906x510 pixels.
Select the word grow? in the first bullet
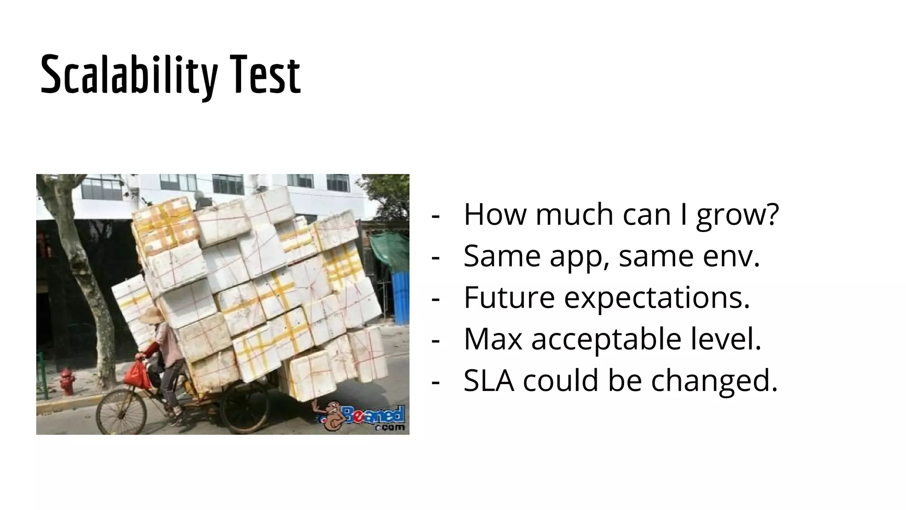(737, 215)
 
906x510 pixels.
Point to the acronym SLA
(489, 380)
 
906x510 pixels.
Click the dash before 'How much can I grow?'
(436, 216)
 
